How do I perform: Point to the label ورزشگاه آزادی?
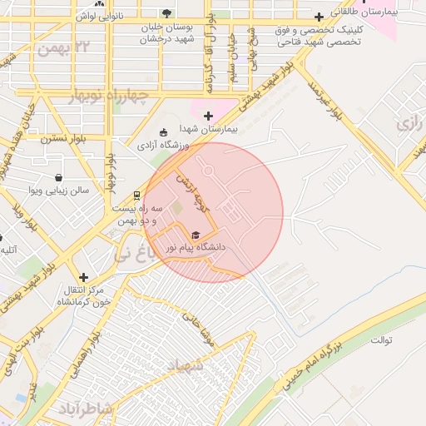(x=164, y=145)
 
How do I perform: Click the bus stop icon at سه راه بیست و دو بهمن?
(x=136, y=195)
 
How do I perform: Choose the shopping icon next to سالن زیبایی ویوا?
(x=58, y=177)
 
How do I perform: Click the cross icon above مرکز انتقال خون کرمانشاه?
(x=83, y=277)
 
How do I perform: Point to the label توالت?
(x=381, y=340)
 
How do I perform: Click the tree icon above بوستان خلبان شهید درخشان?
(x=166, y=13)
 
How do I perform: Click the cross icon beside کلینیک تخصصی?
(x=319, y=17)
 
